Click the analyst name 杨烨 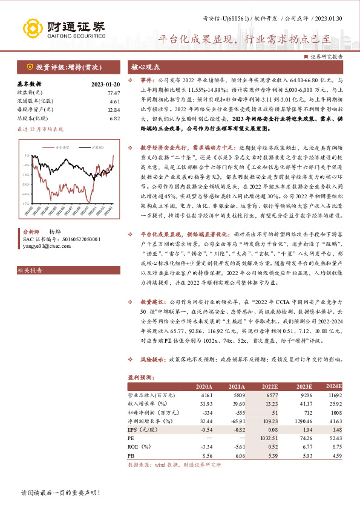(54, 232)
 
